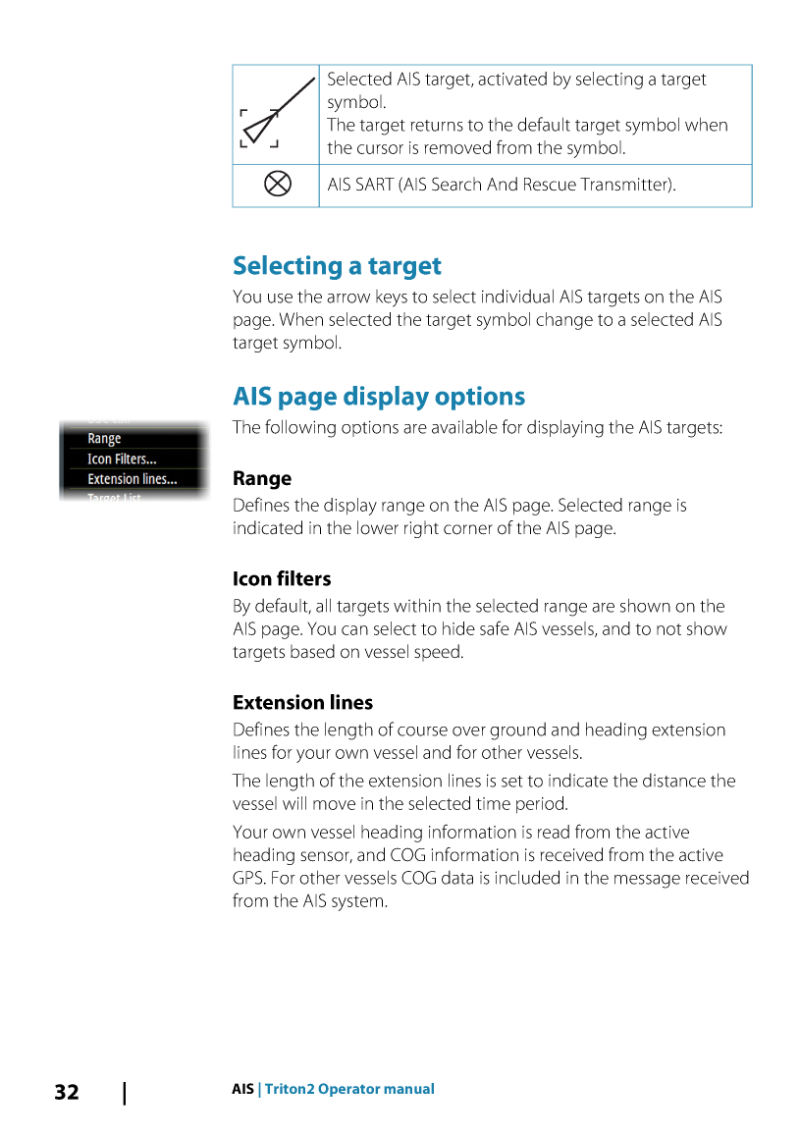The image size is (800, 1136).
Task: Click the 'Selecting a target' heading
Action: point(337,266)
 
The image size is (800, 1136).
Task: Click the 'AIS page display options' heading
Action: point(379,397)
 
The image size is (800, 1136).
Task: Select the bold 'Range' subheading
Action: point(262,479)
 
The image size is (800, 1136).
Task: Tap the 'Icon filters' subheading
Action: point(282,579)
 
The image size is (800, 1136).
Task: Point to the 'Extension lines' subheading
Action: point(302,703)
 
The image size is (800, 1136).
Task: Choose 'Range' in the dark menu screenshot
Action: point(104,439)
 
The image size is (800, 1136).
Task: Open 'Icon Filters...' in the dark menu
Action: point(122,459)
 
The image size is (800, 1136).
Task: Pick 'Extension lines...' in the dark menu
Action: point(133,479)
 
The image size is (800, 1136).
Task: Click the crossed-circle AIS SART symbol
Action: point(278,184)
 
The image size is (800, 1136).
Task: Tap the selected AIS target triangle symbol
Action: point(259,129)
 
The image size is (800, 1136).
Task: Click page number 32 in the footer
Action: point(67,1092)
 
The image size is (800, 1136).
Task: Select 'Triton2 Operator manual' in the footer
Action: point(349,1089)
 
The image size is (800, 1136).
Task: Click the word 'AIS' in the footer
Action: point(242,1089)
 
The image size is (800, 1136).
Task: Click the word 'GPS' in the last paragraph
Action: point(249,878)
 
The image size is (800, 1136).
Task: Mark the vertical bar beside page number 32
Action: point(125,1092)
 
